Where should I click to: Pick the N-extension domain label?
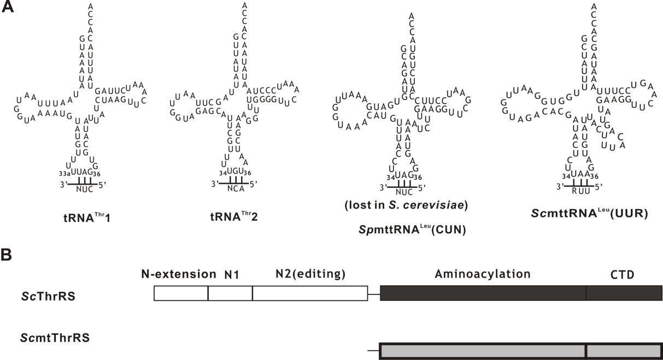179,274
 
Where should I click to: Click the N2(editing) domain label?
311,274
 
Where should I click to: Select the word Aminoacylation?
483,273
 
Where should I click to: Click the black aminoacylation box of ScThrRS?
483,293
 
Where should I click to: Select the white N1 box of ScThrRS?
230,293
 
